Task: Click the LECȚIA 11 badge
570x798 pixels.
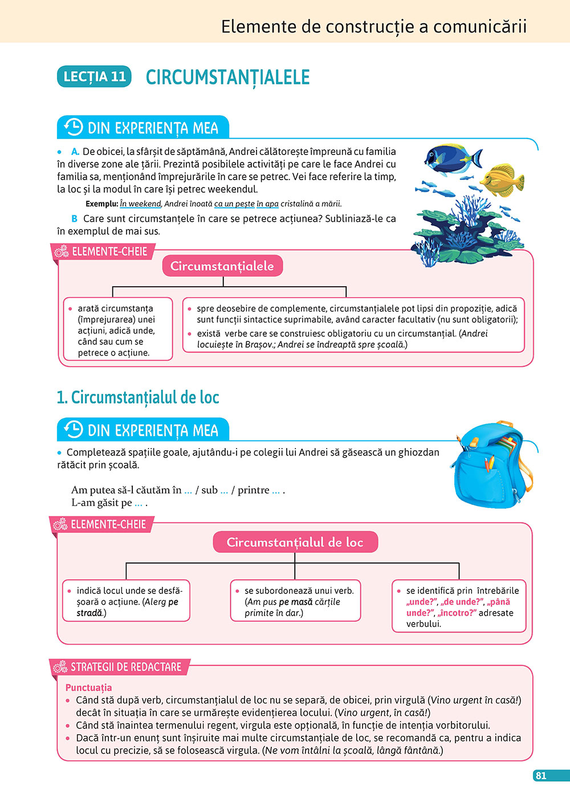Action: [x=94, y=76]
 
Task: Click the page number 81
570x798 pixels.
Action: [x=541, y=775]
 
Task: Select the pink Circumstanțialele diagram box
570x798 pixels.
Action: [x=222, y=266]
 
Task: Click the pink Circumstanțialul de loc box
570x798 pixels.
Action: [x=295, y=542]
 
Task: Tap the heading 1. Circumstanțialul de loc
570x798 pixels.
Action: [x=138, y=397]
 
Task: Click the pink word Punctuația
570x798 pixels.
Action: [x=88, y=687]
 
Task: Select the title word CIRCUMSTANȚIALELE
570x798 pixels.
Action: [x=227, y=77]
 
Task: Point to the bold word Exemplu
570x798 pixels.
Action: [x=101, y=203]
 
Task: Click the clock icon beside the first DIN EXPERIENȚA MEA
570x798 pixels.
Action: [x=74, y=127]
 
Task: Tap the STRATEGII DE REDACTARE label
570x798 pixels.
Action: [x=125, y=666]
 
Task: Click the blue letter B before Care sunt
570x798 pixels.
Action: [x=74, y=218]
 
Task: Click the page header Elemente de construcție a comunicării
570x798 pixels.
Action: [x=373, y=27]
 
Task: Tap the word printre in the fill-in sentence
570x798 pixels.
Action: [x=253, y=490]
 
